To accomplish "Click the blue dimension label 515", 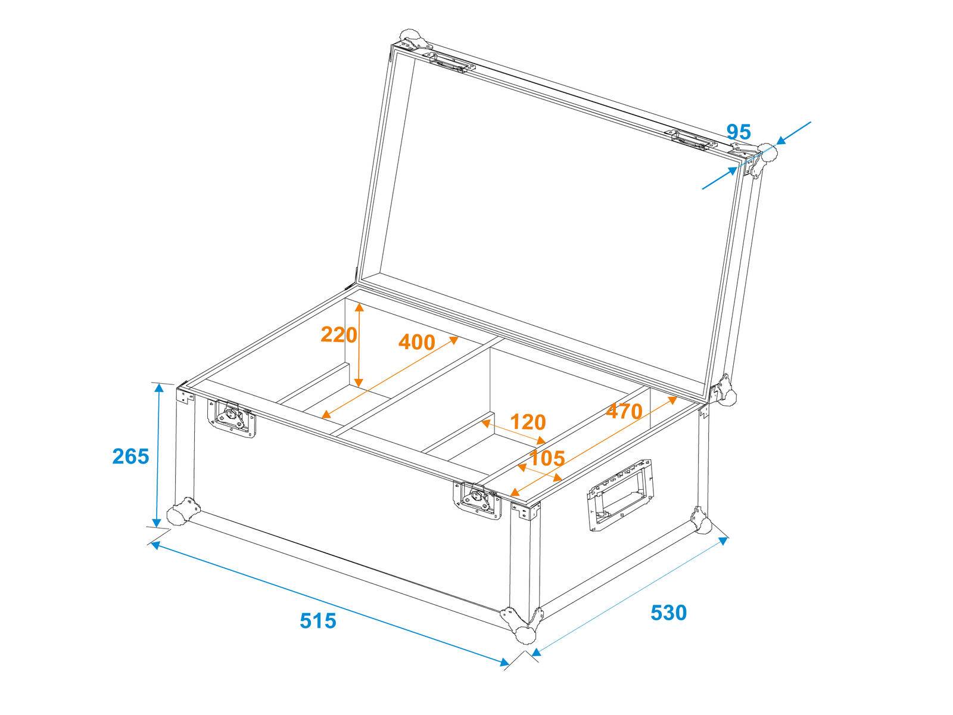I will pos(318,621).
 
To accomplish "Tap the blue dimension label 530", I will pos(668,613).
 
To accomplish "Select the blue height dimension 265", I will pos(130,456).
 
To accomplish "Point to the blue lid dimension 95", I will pos(739,132).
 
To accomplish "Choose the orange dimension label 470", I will pos(624,411).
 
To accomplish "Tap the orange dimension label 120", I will pos(528,422).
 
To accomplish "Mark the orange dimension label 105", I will pos(547,458).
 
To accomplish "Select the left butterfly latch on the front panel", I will pos(232,417).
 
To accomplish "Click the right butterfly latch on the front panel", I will pos(479,499).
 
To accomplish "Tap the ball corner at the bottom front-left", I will pos(179,515).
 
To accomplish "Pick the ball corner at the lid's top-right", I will pos(767,153).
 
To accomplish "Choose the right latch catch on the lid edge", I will pos(693,140).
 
